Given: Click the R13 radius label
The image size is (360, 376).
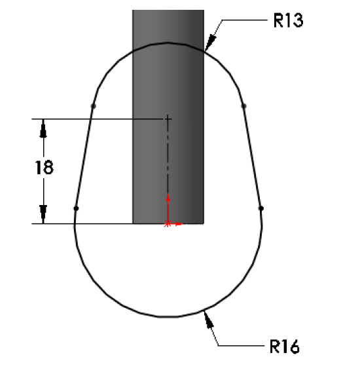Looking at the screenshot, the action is pos(288,20).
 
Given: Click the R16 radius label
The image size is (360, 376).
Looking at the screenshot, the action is pos(285,347).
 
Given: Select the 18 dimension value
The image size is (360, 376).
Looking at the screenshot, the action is pos(45,168).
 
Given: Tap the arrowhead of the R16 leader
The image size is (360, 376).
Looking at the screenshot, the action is pos(209,319).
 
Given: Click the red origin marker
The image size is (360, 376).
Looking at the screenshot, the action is pos(168,224).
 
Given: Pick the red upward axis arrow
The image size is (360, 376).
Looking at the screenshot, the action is pos(168,208).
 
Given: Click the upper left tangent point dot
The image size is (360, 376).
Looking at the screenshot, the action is pos(94,105).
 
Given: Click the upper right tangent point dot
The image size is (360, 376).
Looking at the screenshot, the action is pos(244,105).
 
